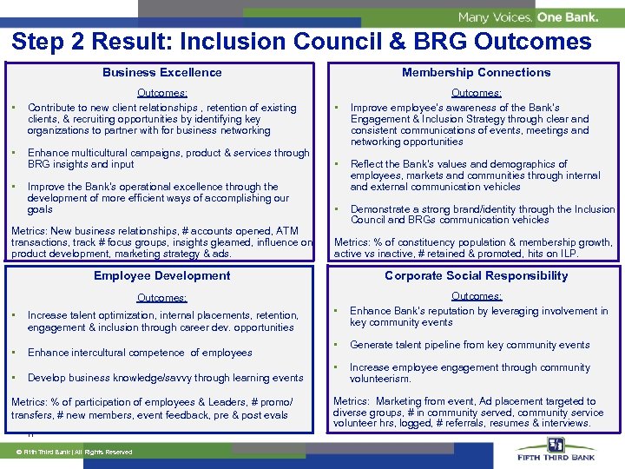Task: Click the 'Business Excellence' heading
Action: (162, 73)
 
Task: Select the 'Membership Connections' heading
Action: (476, 73)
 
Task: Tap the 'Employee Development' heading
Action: (162, 276)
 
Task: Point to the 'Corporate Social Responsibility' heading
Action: (476, 276)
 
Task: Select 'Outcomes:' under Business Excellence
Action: (162, 93)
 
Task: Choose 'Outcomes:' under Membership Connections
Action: (476, 93)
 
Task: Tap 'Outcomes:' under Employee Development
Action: (162, 298)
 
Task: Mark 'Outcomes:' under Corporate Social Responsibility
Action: (476, 296)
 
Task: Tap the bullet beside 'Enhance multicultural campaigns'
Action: (15, 153)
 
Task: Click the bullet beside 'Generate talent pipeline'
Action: (336, 345)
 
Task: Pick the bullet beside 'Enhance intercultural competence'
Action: (15, 353)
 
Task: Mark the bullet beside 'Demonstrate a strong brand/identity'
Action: (336, 209)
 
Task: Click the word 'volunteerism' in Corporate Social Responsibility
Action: (379, 380)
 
